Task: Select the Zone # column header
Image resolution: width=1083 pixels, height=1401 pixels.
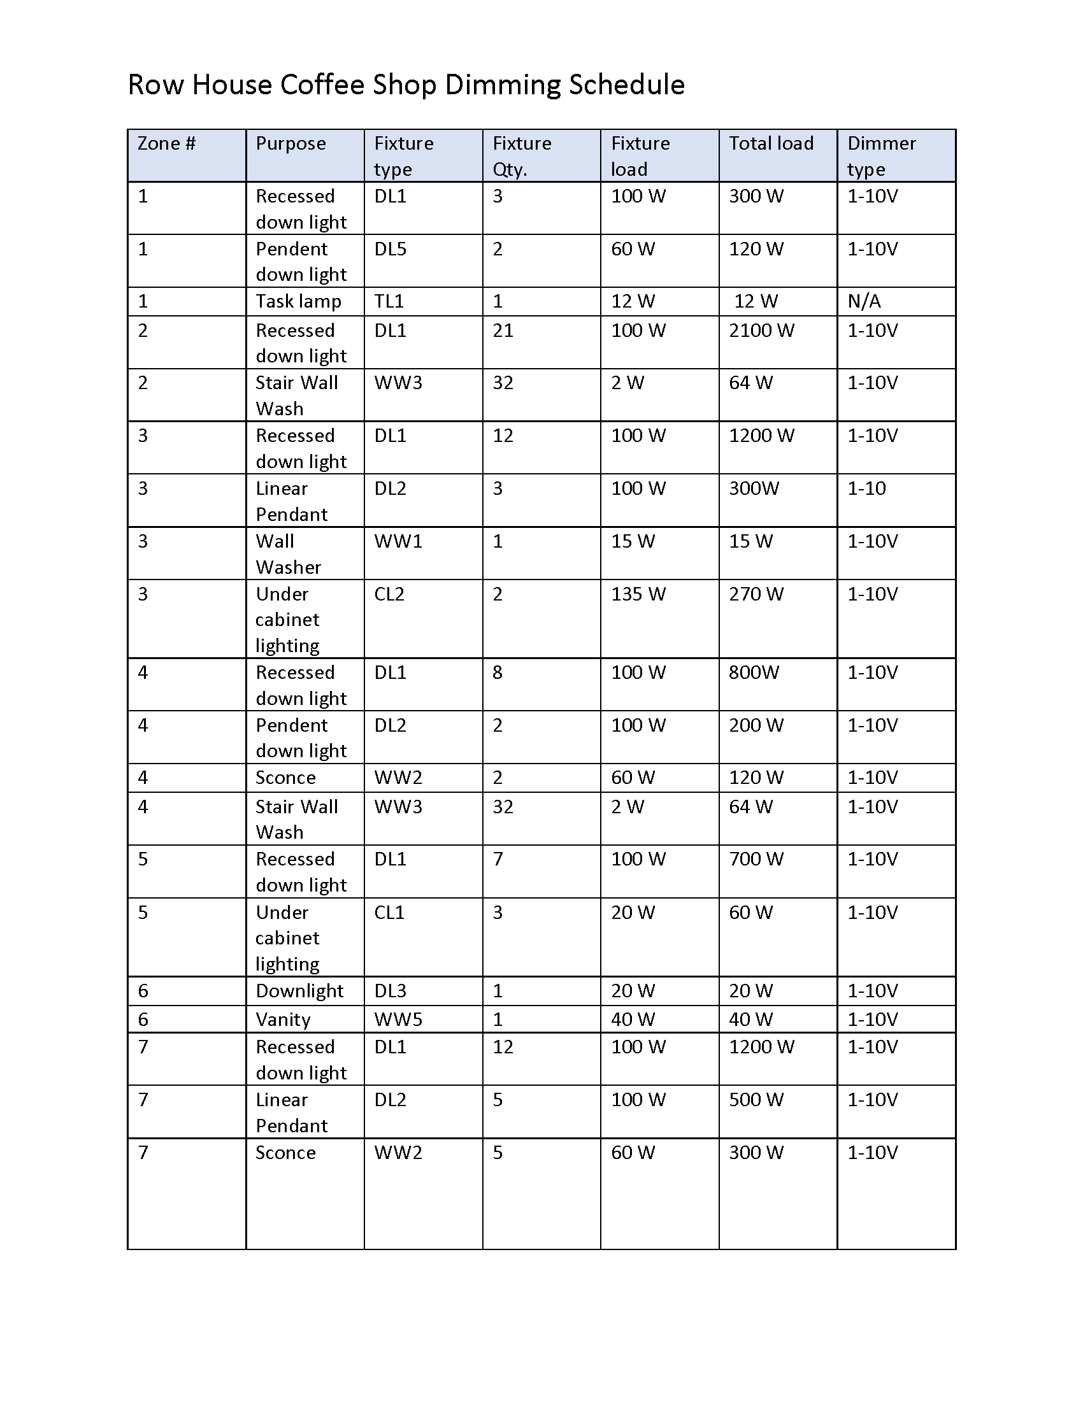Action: tap(166, 143)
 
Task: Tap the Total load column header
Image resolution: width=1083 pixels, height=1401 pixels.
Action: tap(771, 143)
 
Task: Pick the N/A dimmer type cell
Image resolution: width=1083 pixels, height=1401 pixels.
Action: tap(864, 301)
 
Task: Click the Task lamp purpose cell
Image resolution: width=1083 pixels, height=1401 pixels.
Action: tap(298, 301)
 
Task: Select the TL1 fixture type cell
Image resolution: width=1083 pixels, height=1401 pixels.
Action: tap(389, 301)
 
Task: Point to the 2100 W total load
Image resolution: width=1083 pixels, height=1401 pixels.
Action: tap(761, 331)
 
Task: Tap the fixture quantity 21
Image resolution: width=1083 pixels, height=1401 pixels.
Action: tap(503, 331)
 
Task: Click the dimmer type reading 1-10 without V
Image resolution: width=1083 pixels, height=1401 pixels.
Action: tap(866, 488)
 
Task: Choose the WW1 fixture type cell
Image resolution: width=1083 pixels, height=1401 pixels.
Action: tap(398, 541)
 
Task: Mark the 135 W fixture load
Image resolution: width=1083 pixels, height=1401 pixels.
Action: tap(638, 594)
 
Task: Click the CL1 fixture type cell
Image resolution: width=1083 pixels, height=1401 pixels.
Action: tap(389, 911)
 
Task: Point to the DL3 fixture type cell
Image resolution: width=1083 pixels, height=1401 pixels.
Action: tap(390, 990)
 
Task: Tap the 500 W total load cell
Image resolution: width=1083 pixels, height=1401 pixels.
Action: tap(756, 1100)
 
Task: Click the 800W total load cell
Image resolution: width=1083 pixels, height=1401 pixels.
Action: tap(753, 672)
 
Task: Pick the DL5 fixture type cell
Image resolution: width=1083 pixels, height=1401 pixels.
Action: tap(390, 248)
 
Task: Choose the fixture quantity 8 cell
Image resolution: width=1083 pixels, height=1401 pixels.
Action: tap(498, 672)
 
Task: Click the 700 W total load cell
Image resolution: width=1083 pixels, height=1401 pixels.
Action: tap(756, 858)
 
